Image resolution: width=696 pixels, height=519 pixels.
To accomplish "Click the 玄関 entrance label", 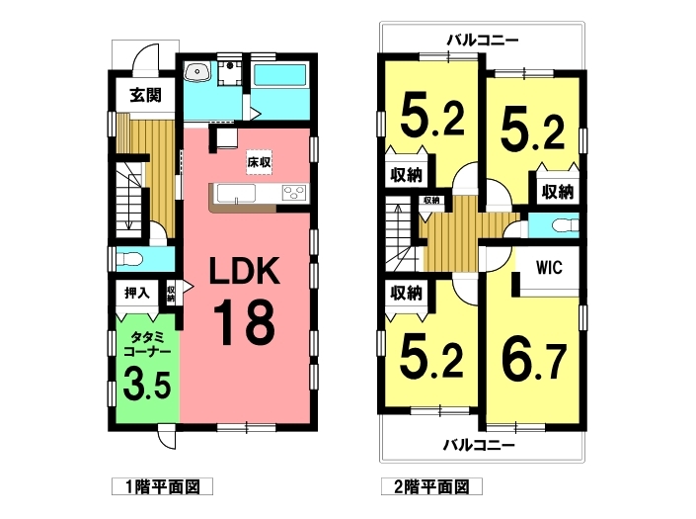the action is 145,95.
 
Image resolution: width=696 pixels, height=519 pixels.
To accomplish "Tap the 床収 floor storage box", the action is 260,162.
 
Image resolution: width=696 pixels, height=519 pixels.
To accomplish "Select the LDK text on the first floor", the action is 245,271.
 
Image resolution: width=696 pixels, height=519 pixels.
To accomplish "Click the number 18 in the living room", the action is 245,322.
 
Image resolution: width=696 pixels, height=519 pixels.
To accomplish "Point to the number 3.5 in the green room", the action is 147,383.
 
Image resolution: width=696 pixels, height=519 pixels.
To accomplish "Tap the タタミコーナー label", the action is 147,344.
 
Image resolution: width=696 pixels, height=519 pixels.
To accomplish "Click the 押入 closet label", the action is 136,293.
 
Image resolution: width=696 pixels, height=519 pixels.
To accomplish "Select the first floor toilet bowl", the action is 128,259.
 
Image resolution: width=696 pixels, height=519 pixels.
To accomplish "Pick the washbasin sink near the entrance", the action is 197,72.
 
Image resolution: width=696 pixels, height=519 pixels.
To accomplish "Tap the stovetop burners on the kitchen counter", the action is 294,194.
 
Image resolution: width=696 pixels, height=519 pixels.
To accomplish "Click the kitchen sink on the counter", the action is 236,194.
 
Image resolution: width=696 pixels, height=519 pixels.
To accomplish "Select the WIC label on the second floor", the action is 549,268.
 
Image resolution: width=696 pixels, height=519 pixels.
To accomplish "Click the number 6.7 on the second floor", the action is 534,362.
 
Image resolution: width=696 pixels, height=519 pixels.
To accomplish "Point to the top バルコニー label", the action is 482,41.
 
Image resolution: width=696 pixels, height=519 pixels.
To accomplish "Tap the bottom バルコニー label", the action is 479,445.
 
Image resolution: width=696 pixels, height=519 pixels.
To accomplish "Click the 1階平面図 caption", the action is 163,487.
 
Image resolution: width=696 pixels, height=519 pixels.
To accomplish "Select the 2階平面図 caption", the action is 431,487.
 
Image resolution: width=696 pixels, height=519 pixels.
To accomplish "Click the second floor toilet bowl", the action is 565,225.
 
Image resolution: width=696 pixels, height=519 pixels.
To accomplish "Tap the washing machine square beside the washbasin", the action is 229,73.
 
